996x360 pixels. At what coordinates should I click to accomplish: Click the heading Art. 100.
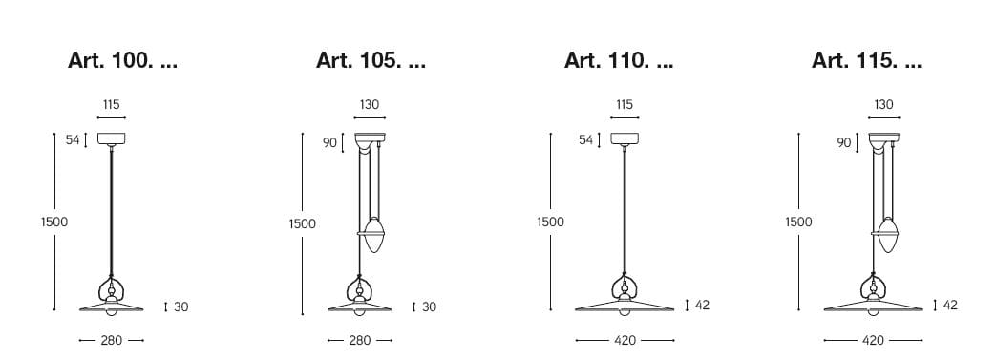[x=122, y=61]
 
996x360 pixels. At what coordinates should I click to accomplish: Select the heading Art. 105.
[x=371, y=61]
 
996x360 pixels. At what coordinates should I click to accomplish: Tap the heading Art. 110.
[x=619, y=61]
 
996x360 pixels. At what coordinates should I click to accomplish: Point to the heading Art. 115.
[x=866, y=61]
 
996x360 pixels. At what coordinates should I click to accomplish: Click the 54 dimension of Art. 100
[x=73, y=140]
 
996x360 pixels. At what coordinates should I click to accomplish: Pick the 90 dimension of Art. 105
[x=329, y=143]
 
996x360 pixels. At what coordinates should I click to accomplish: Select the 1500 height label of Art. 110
[x=550, y=222]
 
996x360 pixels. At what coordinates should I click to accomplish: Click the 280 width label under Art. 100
[x=111, y=341]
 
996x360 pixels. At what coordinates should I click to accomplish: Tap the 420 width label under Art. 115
[x=873, y=341]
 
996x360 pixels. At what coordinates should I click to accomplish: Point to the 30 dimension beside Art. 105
[x=430, y=307]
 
